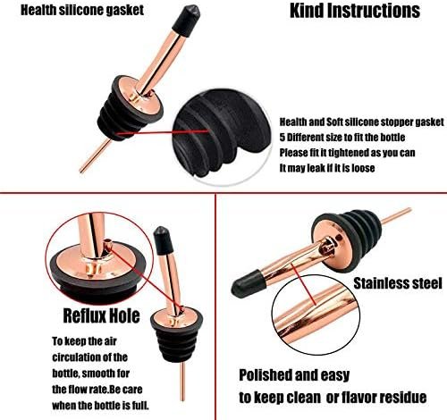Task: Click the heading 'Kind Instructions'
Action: click(355, 11)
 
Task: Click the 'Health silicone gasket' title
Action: click(82, 10)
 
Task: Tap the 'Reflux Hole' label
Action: click(101, 315)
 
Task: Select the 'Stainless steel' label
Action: click(398, 283)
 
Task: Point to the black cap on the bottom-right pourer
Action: click(248, 283)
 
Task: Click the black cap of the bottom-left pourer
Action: click(164, 240)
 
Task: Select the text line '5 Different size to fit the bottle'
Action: click(342, 138)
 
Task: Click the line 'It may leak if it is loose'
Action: click(327, 168)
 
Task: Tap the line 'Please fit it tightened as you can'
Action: click(347, 153)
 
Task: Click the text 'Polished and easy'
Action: click(294, 375)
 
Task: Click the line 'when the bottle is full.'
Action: click(100, 406)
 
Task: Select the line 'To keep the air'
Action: click(84, 341)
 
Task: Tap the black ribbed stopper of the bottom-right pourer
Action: click(355, 226)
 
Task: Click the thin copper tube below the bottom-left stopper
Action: click(183, 382)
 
